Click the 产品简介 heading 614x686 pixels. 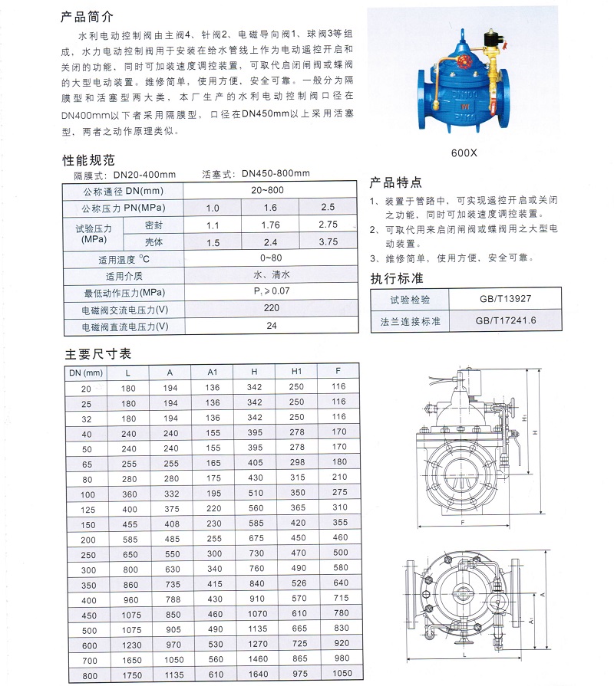pos(87,16)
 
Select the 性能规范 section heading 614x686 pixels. pos(88,161)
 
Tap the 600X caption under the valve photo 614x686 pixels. pos(464,152)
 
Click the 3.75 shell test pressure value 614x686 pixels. pos(328,242)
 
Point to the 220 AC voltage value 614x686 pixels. pos(271,309)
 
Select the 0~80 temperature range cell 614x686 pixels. pos(271,258)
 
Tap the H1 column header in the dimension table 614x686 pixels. pos(297,372)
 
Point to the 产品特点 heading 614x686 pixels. pos(396,182)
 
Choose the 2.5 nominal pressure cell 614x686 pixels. pos(328,208)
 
